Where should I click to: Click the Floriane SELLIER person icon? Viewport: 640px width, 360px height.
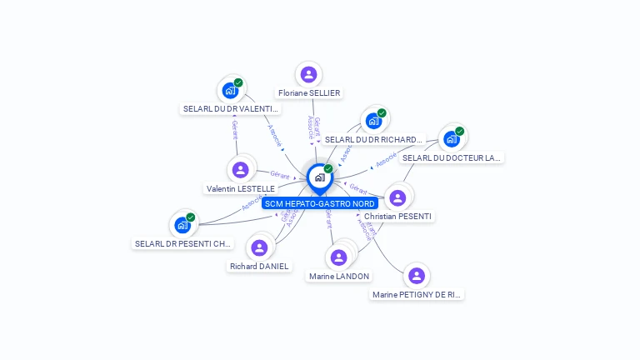click(309, 74)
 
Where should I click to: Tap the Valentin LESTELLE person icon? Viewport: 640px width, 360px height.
click(241, 170)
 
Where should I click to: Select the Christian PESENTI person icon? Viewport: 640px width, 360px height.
click(397, 197)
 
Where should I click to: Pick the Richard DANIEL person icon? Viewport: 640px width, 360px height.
click(259, 247)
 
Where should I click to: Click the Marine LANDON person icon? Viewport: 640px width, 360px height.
click(338, 257)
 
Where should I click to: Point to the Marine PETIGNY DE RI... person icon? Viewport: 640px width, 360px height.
click(417, 276)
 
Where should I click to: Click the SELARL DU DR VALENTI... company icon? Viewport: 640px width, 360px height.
click(230, 91)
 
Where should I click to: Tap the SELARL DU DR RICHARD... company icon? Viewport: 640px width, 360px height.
click(373, 121)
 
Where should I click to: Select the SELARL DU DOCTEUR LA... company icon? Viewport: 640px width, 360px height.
click(451, 139)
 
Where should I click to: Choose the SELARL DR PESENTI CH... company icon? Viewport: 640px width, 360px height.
click(182, 225)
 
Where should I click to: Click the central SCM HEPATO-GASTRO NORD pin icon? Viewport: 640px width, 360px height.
click(319, 177)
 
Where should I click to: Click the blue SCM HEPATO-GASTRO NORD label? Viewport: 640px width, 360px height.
click(320, 203)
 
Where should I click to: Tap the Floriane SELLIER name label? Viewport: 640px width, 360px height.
click(309, 93)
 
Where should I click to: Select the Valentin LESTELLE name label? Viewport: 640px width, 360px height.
click(241, 189)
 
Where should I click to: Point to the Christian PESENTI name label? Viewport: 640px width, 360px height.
click(398, 217)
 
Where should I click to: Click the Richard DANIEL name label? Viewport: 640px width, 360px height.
click(260, 267)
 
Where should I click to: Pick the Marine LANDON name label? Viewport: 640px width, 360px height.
click(339, 277)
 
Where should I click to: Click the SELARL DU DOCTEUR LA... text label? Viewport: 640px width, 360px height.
click(452, 157)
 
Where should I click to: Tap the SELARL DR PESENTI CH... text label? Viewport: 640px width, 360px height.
click(183, 244)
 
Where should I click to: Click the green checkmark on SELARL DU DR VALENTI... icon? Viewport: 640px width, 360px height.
click(238, 82)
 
